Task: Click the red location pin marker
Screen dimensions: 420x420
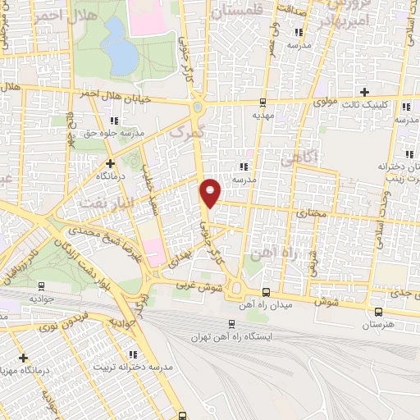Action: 211,191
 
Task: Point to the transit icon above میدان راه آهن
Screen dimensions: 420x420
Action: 265,292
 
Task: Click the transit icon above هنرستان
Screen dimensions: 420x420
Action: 378,311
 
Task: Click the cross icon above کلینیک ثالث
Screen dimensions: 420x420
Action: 366,92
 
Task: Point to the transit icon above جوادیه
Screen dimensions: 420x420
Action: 41,286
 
